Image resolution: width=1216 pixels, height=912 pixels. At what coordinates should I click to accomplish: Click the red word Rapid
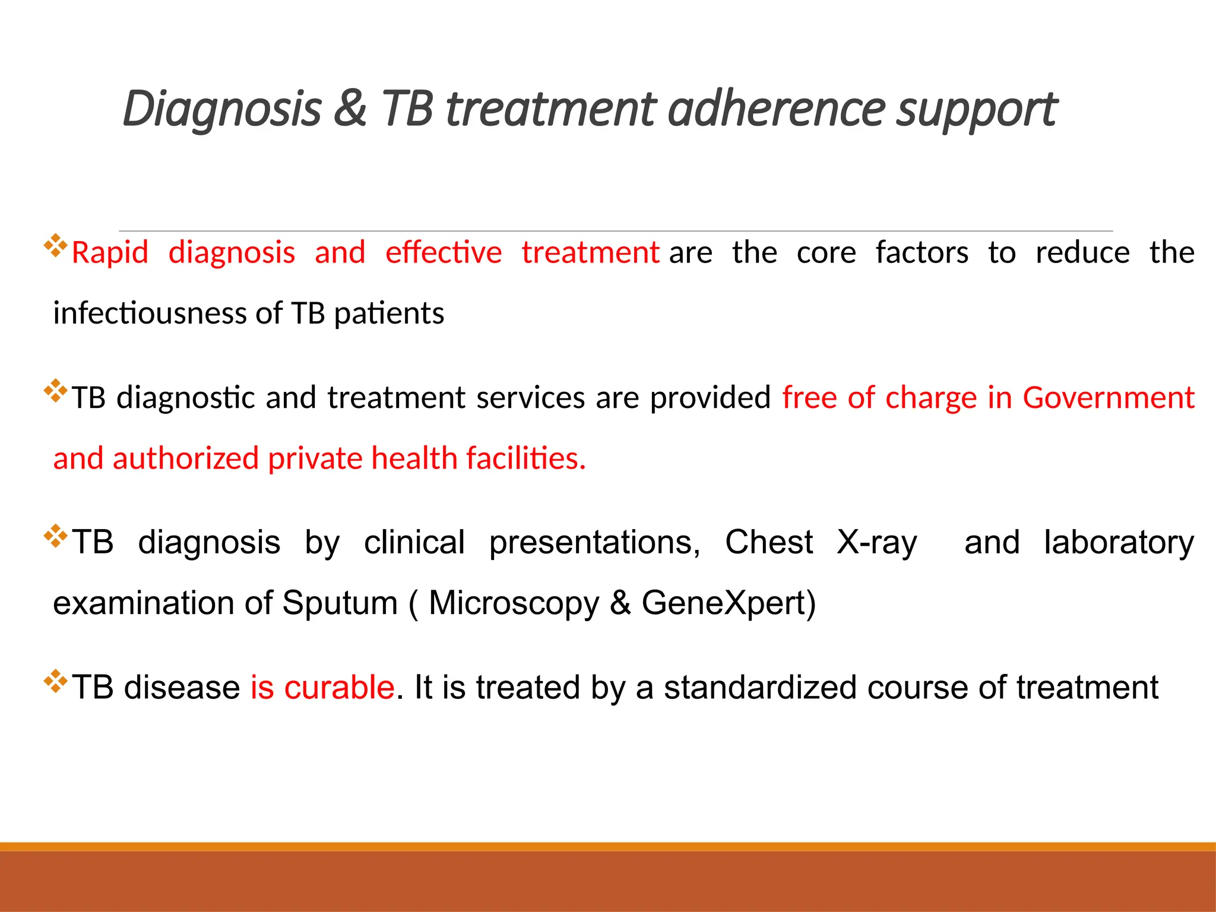[x=110, y=253]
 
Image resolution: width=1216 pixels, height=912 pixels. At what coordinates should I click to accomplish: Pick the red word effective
[x=444, y=253]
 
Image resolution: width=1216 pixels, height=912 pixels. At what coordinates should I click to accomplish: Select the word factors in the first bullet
[x=921, y=253]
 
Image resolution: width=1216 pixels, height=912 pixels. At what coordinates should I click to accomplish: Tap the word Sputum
[x=340, y=603]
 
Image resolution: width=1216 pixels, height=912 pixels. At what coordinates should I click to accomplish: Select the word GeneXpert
[x=728, y=603]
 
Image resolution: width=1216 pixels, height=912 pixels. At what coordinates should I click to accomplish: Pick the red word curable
[x=339, y=688]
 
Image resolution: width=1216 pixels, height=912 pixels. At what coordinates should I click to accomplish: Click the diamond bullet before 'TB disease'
[x=55, y=681]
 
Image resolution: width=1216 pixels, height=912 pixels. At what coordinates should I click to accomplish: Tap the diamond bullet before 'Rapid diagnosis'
[x=55, y=246]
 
